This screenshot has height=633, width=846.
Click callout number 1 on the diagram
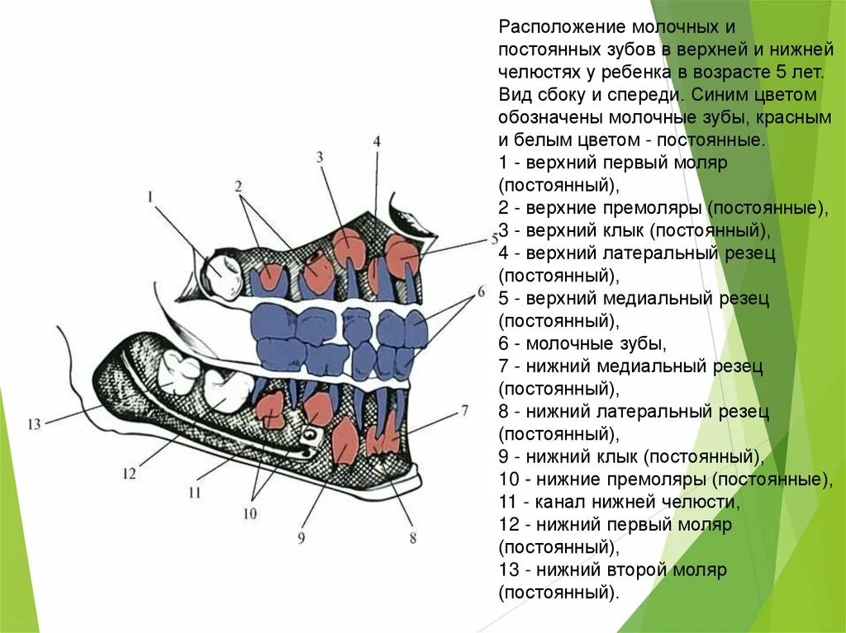coord(151,197)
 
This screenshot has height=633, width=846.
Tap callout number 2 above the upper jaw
coord(238,187)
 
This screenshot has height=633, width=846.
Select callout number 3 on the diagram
coord(319,157)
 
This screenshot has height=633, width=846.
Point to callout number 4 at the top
coord(377,141)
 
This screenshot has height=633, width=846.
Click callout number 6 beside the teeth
coord(480,292)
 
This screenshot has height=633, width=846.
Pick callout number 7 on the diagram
coord(464,409)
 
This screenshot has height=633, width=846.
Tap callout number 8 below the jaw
coord(412,539)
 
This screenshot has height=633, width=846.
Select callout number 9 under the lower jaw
coord(302,538)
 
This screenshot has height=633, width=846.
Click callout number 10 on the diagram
coord(250,513)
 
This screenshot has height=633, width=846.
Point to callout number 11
coord(194,493)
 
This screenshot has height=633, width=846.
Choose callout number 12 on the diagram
coord(129,473)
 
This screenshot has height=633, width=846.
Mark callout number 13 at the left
coord(33,424)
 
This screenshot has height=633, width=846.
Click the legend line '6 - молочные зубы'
coord(582,342)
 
